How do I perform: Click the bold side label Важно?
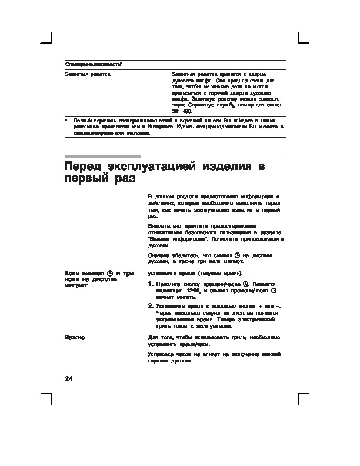pyautogui.click(x=75, y=337)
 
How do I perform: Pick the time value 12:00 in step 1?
pyautogui.click(x=194, y=291)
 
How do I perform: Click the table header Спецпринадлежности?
pyautogui.click(x=93, y=63)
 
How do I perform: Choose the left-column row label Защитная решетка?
pyautogui.click(x=86, y=74)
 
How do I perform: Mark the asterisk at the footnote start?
pyautogui.click(x=66, y=120)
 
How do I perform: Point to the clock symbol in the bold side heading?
pyautogui.click(x=110, y=274)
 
